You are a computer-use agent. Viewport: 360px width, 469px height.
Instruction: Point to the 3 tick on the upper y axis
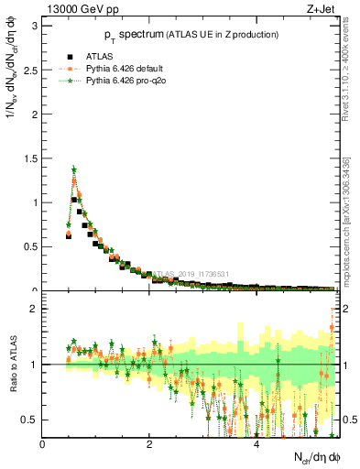(x=36, y=25)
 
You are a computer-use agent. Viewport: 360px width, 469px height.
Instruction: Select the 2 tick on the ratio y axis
(x=36, y=309)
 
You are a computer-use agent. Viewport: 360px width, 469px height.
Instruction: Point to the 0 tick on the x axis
(x=43, y=444)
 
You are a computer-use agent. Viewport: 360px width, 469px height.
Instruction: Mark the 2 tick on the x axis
(x=149, y=444)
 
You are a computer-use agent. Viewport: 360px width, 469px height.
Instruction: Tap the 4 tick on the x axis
(x=256, y=444)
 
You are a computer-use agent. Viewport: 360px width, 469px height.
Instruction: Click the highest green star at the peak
(x=73, y=169)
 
